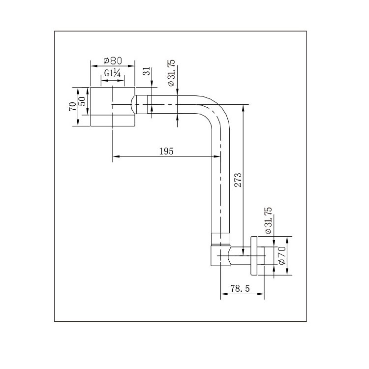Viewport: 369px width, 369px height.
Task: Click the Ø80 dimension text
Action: pos(113,61)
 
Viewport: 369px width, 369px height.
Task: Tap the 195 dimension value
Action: pos(166,152)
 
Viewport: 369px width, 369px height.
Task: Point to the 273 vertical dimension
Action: pos(237,180)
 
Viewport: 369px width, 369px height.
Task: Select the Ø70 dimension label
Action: pos(282,255)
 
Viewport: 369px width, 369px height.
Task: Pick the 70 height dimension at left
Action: pos(72,106)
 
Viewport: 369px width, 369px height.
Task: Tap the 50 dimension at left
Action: pos(83,101)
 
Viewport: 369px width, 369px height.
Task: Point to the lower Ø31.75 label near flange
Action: pos(268,220)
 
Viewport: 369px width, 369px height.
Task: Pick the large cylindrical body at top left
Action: pos(112,107)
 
